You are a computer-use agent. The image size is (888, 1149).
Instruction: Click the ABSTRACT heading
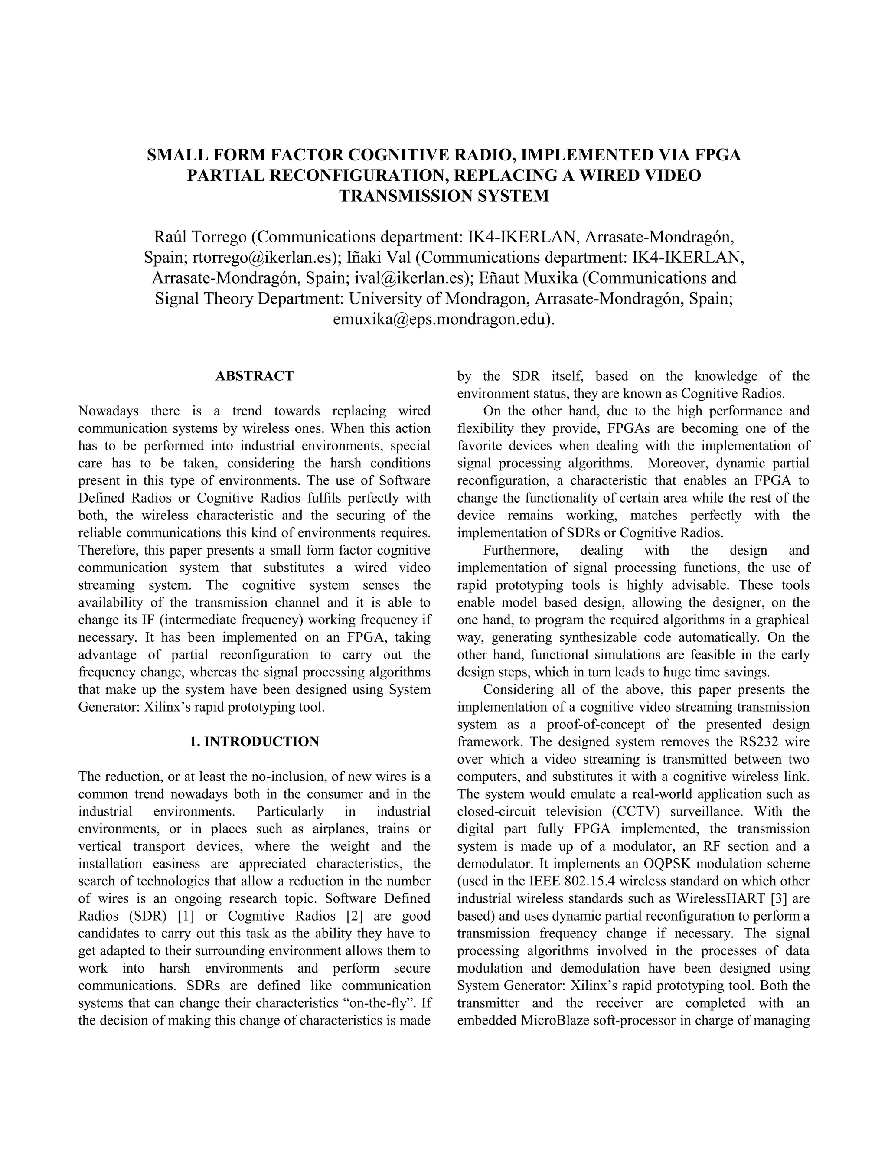254,376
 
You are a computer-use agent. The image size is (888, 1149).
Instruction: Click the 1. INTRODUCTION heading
254,742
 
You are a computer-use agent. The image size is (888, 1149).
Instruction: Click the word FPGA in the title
718,155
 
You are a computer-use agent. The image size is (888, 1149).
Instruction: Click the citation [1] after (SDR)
186,916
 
